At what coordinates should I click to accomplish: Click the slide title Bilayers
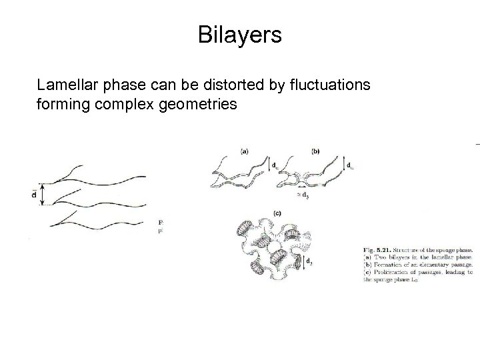240,35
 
